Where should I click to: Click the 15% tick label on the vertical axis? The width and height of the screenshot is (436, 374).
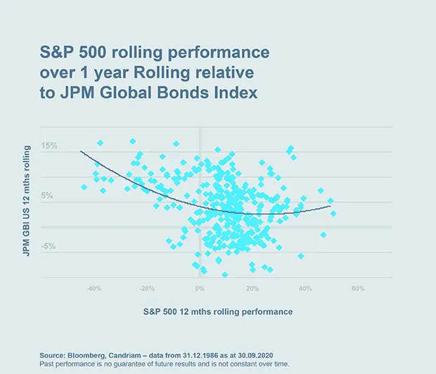tap(49, 146)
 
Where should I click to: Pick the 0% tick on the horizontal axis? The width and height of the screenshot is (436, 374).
tap(200, 288)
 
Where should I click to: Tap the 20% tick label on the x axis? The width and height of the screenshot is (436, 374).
tap(252, 288)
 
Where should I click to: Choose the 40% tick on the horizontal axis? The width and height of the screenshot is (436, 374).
tap(304, 288)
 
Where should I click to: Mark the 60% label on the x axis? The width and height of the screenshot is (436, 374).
tap(357, 288)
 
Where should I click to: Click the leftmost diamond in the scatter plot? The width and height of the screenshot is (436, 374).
tap(84, 187)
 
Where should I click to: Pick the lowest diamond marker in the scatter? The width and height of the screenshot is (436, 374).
tap(225, 275)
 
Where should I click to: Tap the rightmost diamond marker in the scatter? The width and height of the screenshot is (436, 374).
tap(333, 213)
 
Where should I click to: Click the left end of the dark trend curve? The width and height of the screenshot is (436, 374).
tap(81, 151)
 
